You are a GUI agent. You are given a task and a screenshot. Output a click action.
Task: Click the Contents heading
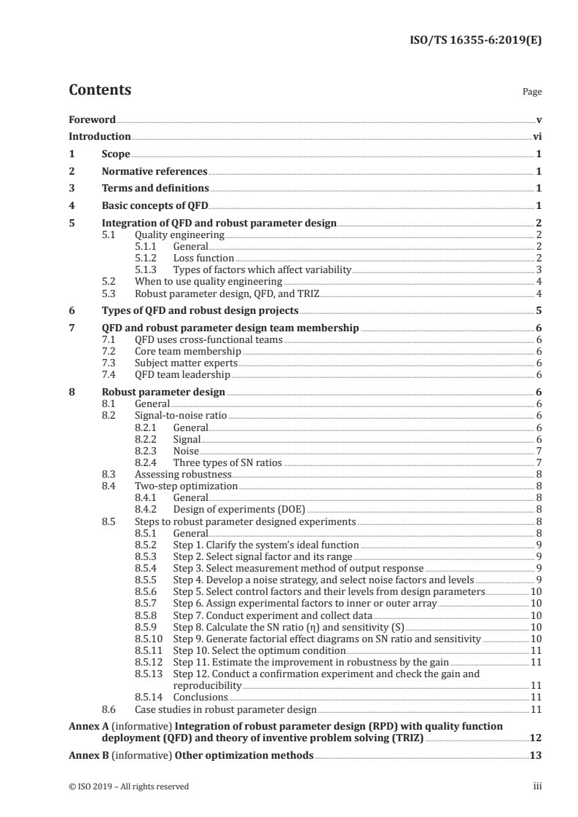(100, 90)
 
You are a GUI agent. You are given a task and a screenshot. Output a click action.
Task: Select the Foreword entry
(92, 119)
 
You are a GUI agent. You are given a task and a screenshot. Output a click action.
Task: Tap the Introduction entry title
(100, 137)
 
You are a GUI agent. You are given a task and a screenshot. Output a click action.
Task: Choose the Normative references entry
(155, 172)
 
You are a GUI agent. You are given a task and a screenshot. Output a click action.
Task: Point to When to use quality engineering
(208, 281)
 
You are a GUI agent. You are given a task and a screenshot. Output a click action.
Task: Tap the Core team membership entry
(183, 352)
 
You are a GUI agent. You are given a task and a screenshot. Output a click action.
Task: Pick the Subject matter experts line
(187, 363)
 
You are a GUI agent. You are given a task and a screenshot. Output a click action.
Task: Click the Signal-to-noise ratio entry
(181, 416)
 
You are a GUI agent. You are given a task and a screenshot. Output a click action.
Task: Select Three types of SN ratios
(227, 462)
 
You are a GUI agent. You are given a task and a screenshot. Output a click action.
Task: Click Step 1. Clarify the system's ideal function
(265, 544)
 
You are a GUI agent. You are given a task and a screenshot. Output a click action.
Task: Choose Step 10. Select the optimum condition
(249, 650)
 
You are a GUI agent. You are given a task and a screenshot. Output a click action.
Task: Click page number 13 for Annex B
(536, 756)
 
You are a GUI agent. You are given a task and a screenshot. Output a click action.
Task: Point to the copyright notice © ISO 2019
(128, 786)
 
